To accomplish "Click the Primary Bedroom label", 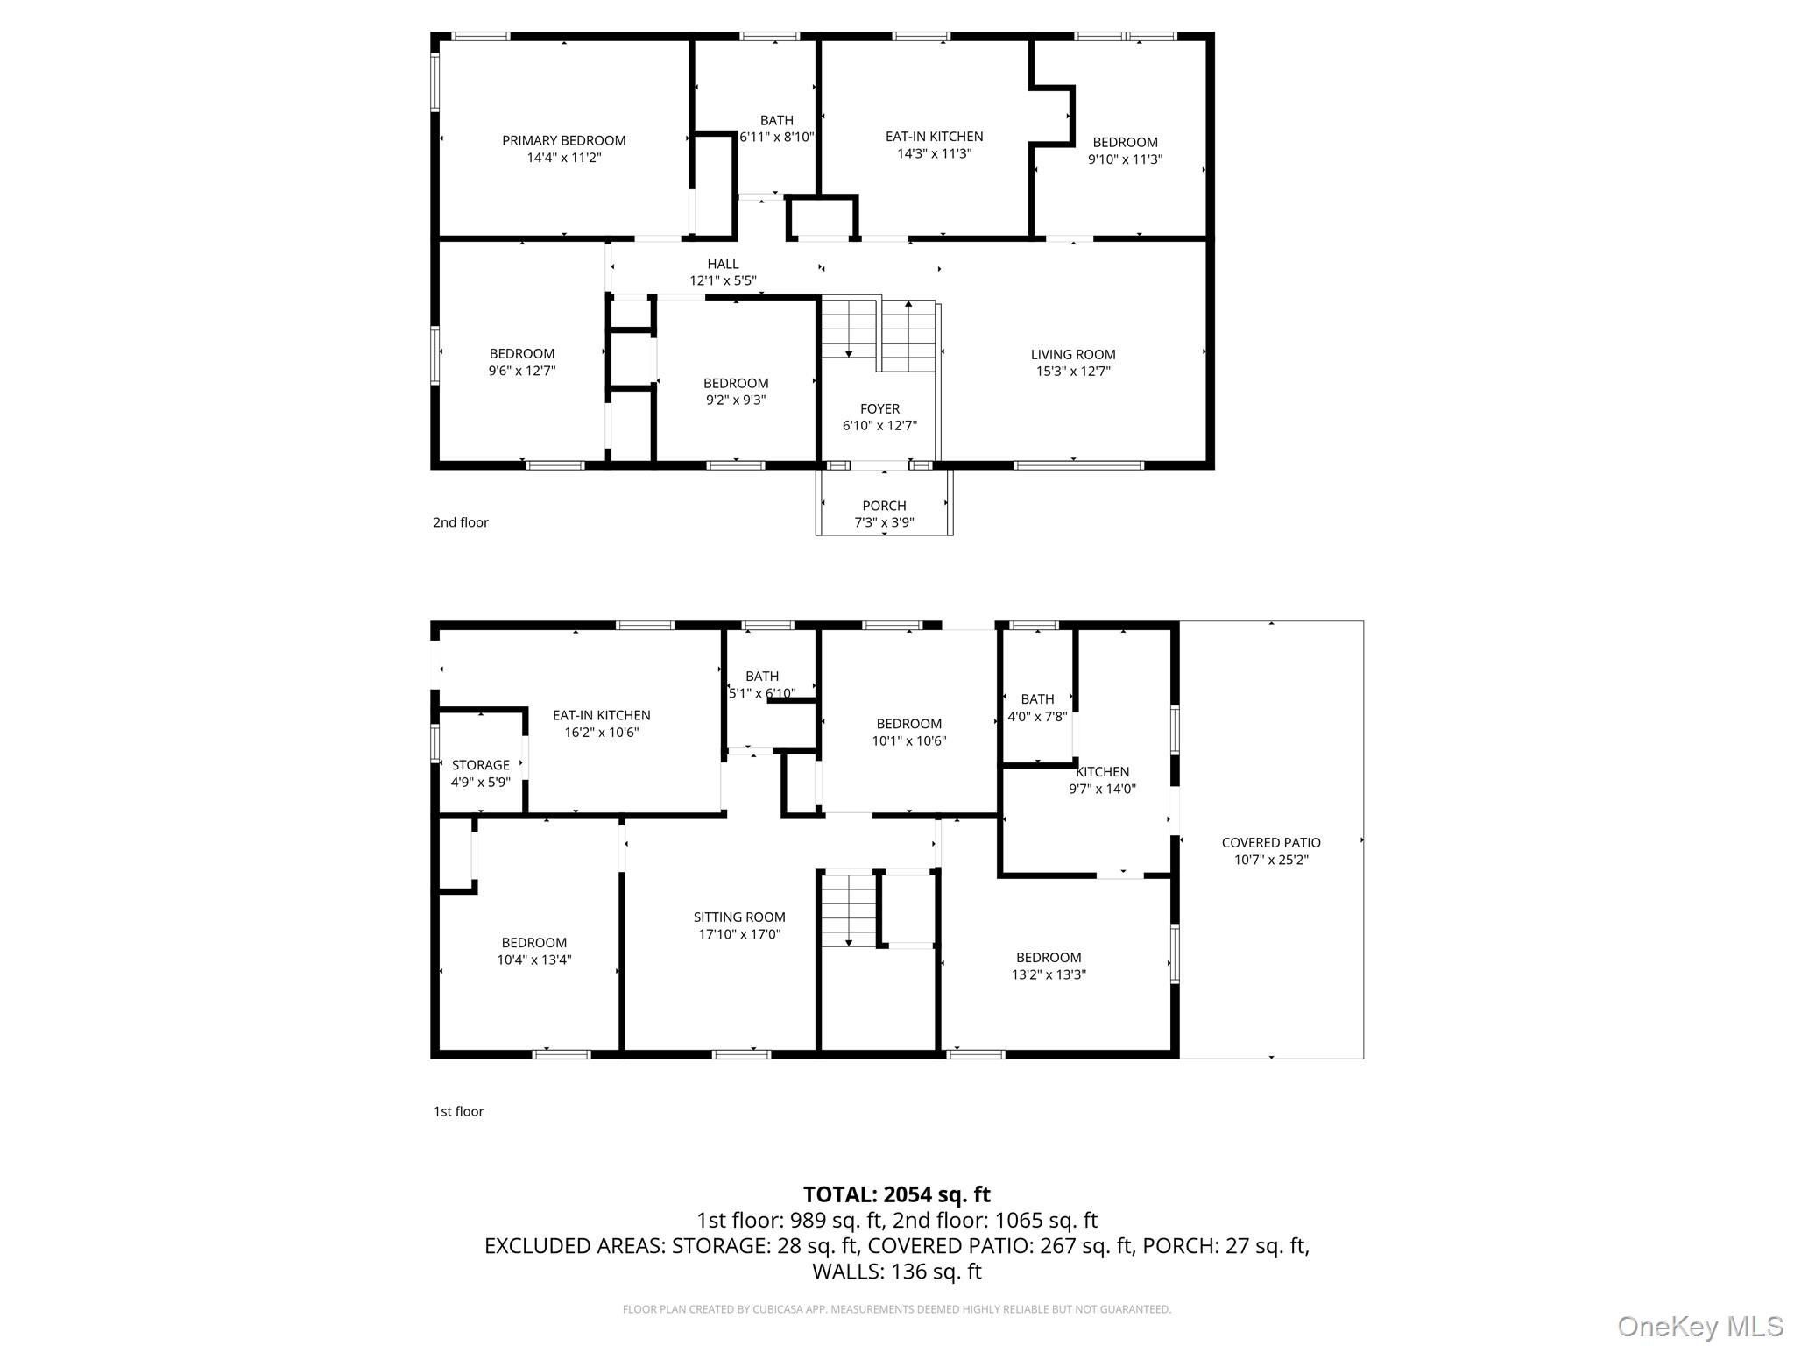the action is pos(564,140).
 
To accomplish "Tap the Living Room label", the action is pos(1073,355).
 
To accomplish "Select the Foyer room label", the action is pos(879,409).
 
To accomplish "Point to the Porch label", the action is pos(884,506).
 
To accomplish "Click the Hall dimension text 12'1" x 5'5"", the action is pos(723,280).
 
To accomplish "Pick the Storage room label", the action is pos(481,765).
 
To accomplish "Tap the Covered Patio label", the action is pos(1271,843).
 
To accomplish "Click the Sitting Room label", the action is pos(739,917).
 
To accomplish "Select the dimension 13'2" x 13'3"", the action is pos(1049,974).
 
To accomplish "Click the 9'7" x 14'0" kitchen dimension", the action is pos(1102,789).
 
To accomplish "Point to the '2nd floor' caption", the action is pos(461,522).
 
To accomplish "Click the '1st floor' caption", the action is pos(459,1111).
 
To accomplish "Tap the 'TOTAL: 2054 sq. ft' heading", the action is pos(897,1194).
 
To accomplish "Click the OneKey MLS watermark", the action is pos(1700,1327).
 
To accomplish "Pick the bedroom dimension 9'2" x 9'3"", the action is pos(736,400).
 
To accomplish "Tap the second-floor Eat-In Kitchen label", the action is pos(934,137).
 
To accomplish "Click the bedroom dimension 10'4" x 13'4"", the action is pos(534,960).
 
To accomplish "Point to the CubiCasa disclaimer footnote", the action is pos(897,1309).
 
